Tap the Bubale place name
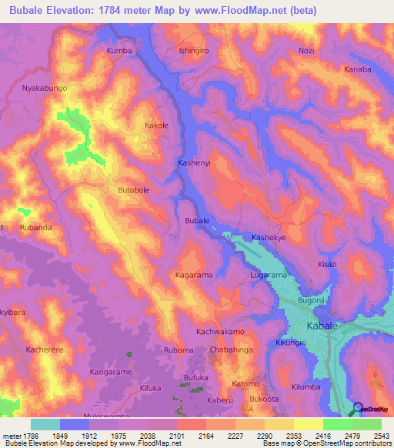tap(197, 221)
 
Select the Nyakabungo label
tap(45, 88)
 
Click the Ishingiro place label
tap(194, 51)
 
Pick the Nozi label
tap(306, 51)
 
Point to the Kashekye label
tap(269, 238)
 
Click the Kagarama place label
tap(193, 275)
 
